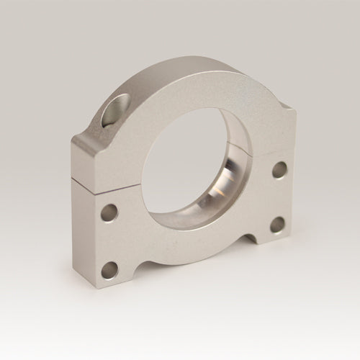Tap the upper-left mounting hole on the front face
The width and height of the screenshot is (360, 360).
click(109, 212)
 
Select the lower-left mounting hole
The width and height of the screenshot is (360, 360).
click(109, 270)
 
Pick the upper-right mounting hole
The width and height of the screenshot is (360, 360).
click(279, 171)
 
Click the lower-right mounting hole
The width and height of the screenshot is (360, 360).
click(277, 225)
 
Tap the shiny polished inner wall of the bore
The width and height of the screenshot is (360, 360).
click(230, 184)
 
